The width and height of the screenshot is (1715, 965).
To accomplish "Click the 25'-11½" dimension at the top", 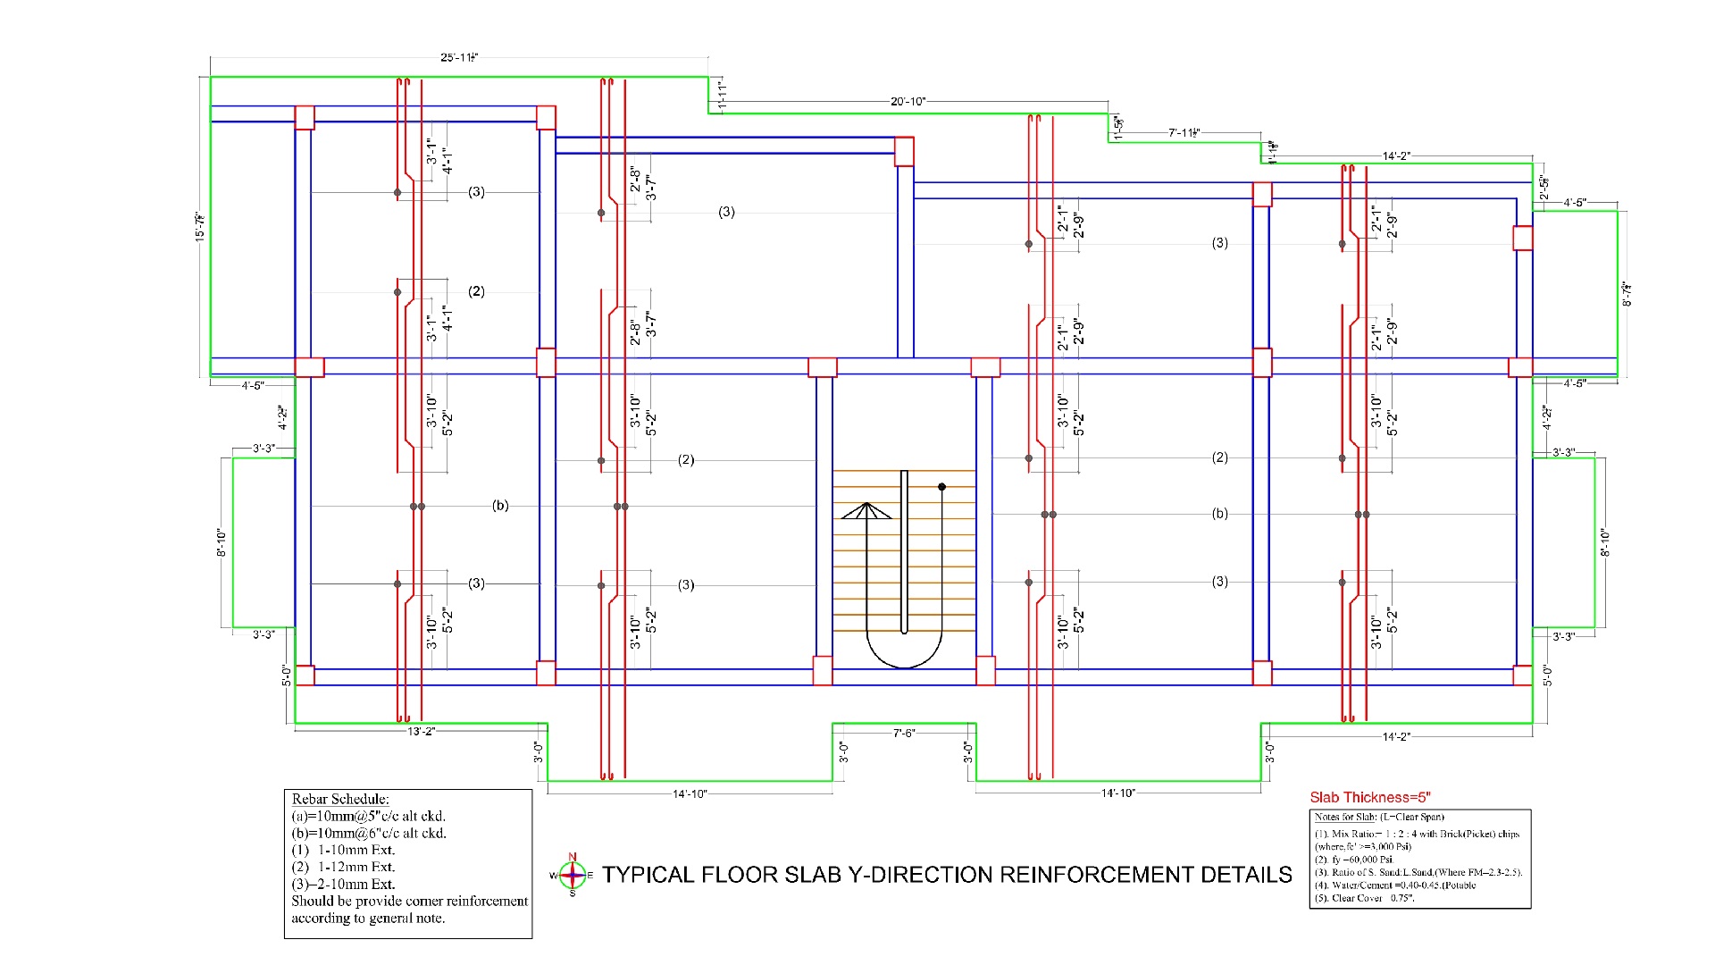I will coord(459,57).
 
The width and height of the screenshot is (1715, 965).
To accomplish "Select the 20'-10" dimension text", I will coord(908,102).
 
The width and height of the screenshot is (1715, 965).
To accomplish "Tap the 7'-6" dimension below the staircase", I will coord(904,734).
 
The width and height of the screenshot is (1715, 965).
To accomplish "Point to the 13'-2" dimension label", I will coord(421,732).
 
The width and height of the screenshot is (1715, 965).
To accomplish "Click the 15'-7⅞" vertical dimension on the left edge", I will coord(200,226).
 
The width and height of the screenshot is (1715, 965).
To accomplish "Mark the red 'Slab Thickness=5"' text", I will coord(1370,798).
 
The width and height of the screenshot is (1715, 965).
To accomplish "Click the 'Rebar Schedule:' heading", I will coord(340,800).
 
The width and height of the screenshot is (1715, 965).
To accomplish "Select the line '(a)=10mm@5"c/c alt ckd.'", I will coord(368,817).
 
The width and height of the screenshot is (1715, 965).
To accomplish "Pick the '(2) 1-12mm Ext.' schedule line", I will coord(343,867).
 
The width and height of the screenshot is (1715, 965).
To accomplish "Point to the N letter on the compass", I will coord(573,857).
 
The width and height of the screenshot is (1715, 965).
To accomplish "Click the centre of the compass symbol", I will coord(573,876).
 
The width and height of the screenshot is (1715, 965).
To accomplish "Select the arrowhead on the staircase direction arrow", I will coord(866,511).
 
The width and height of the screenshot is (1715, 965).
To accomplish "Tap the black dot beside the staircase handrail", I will coord(941,487).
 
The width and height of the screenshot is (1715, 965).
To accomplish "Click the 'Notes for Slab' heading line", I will coord(1378,818).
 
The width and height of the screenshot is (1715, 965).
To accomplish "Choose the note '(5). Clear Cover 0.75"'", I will coord(1364,898).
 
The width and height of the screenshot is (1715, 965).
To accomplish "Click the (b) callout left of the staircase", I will coord(500,506).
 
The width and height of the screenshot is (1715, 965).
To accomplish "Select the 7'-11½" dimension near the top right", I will coord(1183,133).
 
